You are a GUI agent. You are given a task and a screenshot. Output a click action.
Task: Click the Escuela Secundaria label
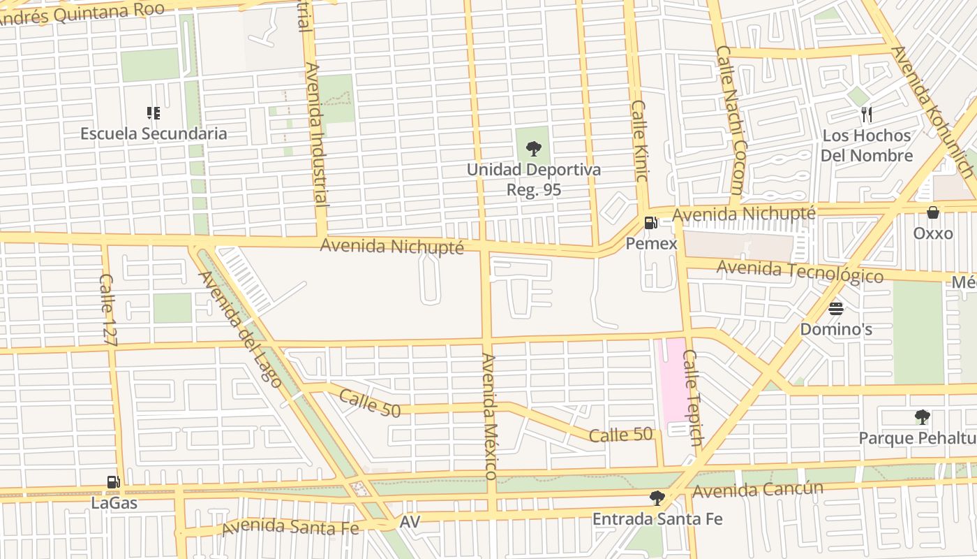pyautogui.click(x=154, y=133)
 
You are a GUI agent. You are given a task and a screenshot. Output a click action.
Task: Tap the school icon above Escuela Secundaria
pyautogui.click(x=154, y=112)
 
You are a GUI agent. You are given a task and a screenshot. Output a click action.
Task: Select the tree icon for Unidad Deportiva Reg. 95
pyautogui.click(x=533, y=148)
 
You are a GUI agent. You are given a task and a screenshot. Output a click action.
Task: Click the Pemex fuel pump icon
pyautogui.click(x=650, y=223)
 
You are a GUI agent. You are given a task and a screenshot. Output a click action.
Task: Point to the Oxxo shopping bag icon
pyautogui.click(x=933, y=212)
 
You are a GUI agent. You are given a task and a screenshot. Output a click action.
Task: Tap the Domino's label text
pyautogui.click(x=835, y=329)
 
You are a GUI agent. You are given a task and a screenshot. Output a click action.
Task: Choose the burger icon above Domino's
pyautogui.click(x=835, y=308)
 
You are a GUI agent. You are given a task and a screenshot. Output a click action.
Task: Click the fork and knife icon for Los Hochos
pyautogui.click(x=867, y=115)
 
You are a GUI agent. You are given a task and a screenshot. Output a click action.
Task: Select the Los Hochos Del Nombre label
pyautogui.click(x=866, y=145)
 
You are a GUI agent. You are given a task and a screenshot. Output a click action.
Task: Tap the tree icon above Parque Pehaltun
pyautogui.click(x=922, y=417)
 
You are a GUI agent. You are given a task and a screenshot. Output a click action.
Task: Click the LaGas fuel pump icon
pyautogui.click(x=113, y=481)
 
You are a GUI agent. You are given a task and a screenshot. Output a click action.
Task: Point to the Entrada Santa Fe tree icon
pyautogui.click(x=657, y=498)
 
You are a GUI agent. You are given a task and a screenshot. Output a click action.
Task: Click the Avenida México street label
pyautogui.click(x=489, y=416)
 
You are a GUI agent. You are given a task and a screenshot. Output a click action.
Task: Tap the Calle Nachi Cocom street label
pyautogui.click(x=730, y=120)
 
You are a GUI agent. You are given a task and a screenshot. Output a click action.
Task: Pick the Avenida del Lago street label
pyautogui.click(x=240, y=328)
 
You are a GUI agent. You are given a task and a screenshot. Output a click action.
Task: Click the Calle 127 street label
pyautogui.click(x=108, y=310)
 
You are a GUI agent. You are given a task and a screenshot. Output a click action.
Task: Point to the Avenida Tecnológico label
pyautogui.click(x=800, y=270)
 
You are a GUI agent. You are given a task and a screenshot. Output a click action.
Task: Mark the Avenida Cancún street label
pyautogui.click(x=758, y=490)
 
